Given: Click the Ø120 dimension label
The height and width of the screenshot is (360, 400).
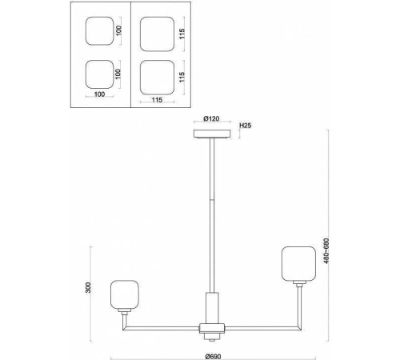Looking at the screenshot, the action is point(212,118).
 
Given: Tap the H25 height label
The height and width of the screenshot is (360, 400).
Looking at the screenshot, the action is point(246,126).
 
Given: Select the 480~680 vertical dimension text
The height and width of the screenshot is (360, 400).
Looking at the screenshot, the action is point(326,250).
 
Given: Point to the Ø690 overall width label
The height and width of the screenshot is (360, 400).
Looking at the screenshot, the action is point(213,356).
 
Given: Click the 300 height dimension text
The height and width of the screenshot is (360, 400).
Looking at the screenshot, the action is point(88,287).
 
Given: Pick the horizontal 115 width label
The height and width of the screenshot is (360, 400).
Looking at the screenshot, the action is point(157,100).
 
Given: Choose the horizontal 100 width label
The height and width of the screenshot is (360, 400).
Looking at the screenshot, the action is point(99,94).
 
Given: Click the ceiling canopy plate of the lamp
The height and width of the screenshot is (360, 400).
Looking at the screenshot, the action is point(212,134).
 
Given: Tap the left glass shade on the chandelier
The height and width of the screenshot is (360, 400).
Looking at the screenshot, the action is point(125,294).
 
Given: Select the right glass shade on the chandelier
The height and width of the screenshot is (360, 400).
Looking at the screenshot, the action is point(298,263).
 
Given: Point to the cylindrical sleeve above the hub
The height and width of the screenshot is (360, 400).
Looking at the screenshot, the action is point(212,308).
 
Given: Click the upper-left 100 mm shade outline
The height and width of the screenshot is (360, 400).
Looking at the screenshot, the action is point(99,31).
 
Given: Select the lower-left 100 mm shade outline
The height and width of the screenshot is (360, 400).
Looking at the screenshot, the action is point(99,74).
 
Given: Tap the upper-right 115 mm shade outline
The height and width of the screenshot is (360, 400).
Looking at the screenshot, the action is point(157,34).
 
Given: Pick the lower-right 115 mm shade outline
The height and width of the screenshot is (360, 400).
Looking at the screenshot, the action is point(157,78).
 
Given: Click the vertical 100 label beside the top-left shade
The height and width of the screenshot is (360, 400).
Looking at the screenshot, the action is point(119,30).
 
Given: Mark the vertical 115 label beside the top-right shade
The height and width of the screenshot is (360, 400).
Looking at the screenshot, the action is point(182,34).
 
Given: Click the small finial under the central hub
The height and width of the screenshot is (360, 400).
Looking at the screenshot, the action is point(212,337).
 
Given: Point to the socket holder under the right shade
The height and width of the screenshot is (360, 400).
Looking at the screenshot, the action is point(299,283).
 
